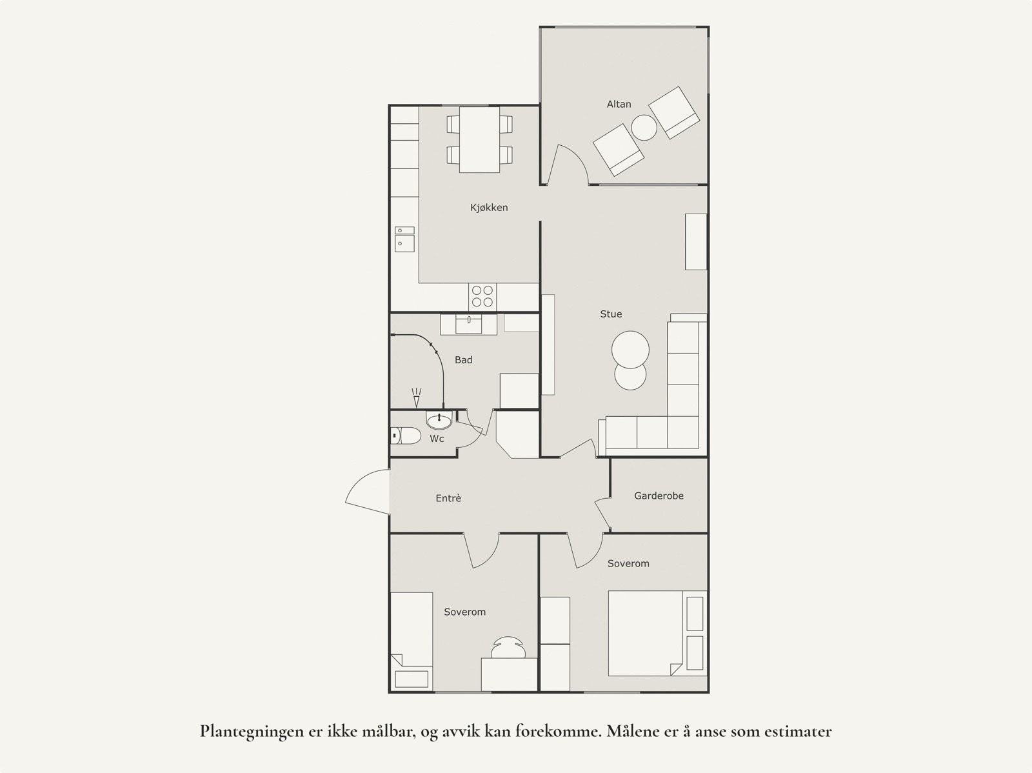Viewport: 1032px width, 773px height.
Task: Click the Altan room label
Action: pos(619,104)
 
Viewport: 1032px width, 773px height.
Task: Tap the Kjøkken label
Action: pos(489,208)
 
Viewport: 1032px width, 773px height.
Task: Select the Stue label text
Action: pos(611,314)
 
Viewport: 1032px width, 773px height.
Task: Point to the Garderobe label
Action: pos(659,496)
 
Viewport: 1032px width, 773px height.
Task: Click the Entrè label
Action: pos(448,498)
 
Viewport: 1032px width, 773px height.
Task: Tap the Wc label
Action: pos(437,439)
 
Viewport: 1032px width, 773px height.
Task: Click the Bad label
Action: pos(463,360)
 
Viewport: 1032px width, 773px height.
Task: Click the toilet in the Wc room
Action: pos(405,436)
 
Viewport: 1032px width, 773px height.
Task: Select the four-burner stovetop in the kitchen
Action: pos(482,296)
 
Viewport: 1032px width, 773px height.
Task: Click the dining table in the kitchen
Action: pos(479,139)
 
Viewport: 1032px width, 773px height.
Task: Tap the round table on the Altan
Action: pos(644,128)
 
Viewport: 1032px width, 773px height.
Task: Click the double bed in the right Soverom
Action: pos(645,633)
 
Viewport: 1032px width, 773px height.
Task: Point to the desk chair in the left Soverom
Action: pos(509,647)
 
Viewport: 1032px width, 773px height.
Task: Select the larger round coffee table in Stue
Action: pos(630,350)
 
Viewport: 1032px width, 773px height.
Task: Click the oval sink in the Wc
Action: pos(439,421)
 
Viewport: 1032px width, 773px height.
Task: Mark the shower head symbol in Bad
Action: pos(416,397)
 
